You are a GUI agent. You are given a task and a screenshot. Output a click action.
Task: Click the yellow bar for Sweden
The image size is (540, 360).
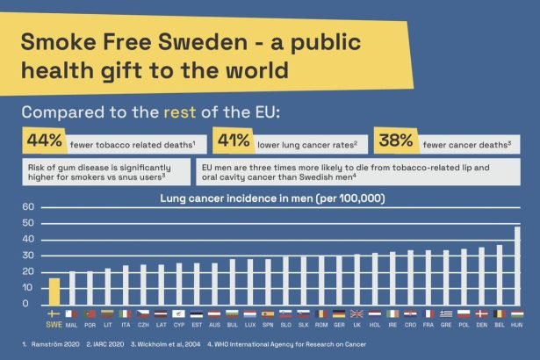pos(54,292)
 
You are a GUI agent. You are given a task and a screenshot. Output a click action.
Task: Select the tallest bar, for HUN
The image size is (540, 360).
pos(517,266)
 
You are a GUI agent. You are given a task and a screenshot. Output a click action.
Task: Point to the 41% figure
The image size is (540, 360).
pos(232,140)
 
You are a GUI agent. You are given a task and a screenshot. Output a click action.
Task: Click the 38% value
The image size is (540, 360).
pos(395,140)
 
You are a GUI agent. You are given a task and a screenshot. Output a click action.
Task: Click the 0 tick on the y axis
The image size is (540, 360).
pos(29,305)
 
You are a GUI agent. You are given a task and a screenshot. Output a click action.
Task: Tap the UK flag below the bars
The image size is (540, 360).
pos(356,313)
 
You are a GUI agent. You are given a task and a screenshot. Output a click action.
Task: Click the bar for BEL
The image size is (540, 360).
pos(499,275)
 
